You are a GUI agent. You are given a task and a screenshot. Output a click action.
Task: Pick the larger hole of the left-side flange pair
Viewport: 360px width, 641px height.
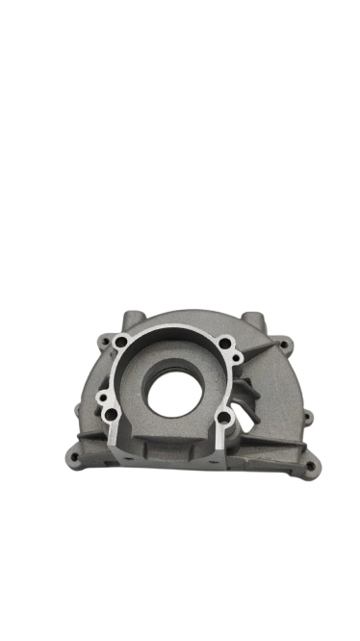[x=114, y=417]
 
